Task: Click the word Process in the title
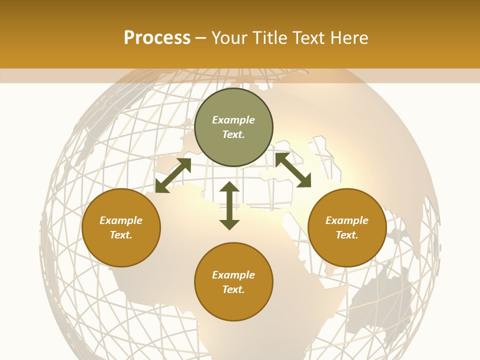pyautogui.click(x=157, y=38)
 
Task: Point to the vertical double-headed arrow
pyautogui.click(x=229, y=205)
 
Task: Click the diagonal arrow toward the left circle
pyautogui.click(x=173, y=175)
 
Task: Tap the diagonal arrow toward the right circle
pyautogui.click(x=293, y=170)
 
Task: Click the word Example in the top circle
pyautogui.click(x=233, y=120)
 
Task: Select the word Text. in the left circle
pyautogui.click(x=121, y=235)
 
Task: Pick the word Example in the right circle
pyautogui.click(x=347, y=220)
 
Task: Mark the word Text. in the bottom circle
pyautogui.click(x=233, y=289)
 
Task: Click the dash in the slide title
pyautogui.click(x=201, y=38)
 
